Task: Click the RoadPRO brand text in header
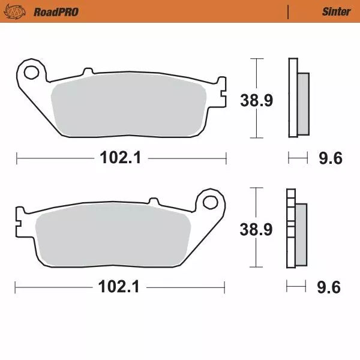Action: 56,11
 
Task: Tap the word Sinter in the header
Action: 336,11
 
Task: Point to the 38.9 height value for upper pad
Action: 257,100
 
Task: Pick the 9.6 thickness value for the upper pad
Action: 330,158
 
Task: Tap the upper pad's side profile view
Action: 298,99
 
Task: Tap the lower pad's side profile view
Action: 296,228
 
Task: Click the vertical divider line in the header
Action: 289,11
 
